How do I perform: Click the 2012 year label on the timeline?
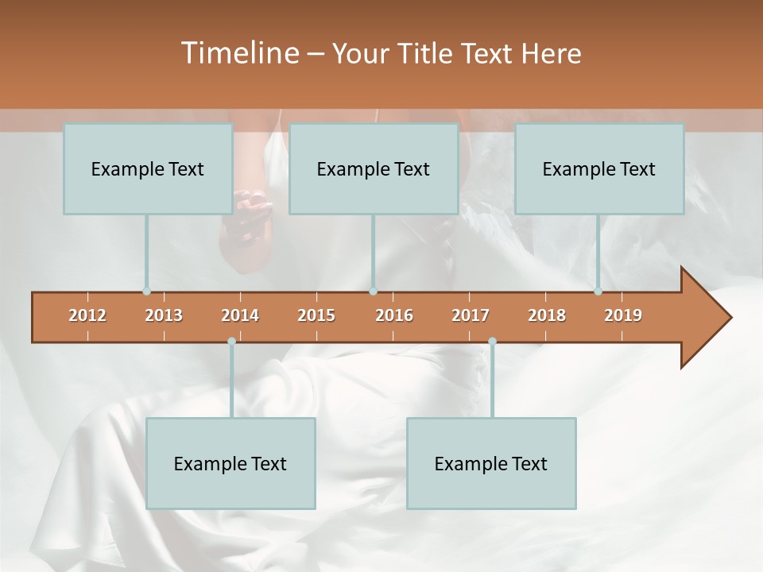pyautogui.click(x=87, y=315)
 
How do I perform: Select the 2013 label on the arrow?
pyautogui.click(x=164, y=315)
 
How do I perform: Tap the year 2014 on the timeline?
pyautogui.click(x=240, y=315)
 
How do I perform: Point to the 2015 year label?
pyautogui.click(x=316, y=315)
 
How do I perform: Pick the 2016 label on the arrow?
pyautogui.click(x=394, y=315)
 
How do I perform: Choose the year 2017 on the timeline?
pyautogui.click(x=471, y=315)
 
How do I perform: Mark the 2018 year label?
pyautogui.click(x=547, y=315)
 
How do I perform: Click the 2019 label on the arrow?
pyautogui.click(x=623, y=315)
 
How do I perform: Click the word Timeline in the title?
pyautogui.click(x=238, y=53)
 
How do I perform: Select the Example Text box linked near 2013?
pyautogui.click(x=147, y=168)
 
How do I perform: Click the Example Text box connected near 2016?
pyautogui.click(x=373, y=168)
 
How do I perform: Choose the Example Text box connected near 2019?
pyautogui.click(x=598, y=168)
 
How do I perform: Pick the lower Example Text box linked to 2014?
pyautogui.click(x=230, y=463)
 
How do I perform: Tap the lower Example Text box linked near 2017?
pyautogui.click(x=491, y=463)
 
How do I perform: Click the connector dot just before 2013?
pyautogui.click(x=146, y=291)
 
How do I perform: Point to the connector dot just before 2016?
pyautogui.click(x=373, y=291)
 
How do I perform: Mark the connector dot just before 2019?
pyautogui.click(x=598, y=291)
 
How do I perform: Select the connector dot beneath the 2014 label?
pyautogui.click(x=231, y=342)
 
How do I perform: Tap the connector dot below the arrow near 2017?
pyautogui.click(x=492, y=342)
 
